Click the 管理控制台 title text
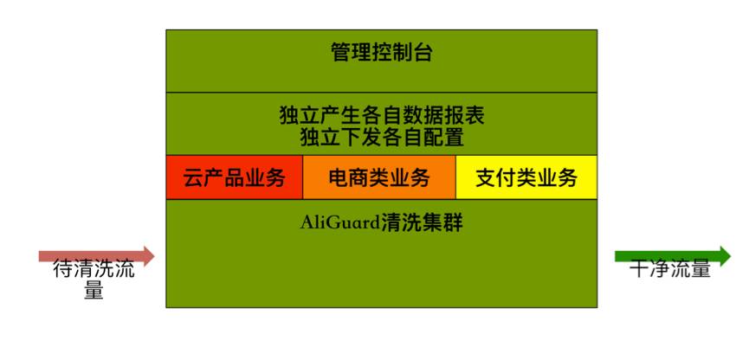(381, 53)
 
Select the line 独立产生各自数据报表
(381, 115)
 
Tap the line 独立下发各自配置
(381, 137)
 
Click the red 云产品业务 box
(234, 177)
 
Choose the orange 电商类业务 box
(379, 177)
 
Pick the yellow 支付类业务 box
(526, 177)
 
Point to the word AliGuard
(340, 223)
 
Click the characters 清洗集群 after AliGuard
(422, 223)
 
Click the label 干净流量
(669, 269)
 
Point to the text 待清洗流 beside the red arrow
(94, 269)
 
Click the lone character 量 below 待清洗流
(94, 291)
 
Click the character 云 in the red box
(193, 178)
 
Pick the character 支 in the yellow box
(486, 178)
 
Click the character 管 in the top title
(340, 53)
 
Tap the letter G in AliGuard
(325, 223)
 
